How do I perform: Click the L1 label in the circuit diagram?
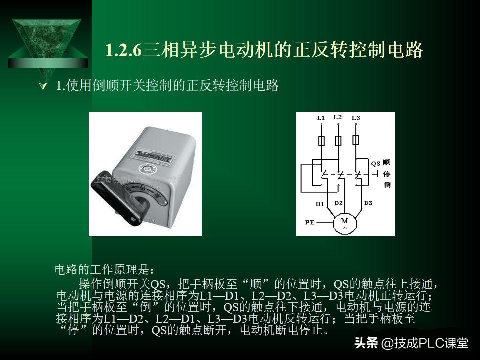(321, 118)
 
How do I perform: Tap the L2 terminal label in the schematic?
(337, 117)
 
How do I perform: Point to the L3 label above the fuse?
(355, 118)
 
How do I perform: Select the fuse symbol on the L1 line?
(321, 140)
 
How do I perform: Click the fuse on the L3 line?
(356, 139)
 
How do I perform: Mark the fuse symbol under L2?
(338, 140)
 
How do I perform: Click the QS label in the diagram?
(376, 163)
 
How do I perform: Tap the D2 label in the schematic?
(338, 203)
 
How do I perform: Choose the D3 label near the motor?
(368, 203)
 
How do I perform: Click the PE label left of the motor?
(310, 222)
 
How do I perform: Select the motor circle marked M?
(344, 223)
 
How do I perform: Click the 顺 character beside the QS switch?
(386, 163)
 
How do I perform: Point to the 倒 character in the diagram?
(386, 185)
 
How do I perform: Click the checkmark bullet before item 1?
(43, 87)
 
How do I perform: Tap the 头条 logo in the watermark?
(365, 343)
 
